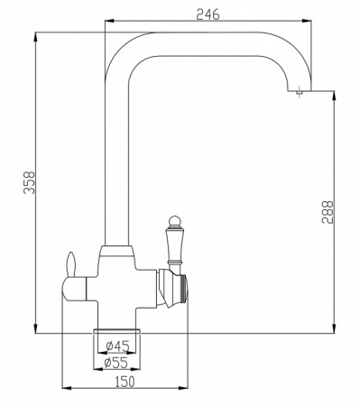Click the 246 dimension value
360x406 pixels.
tap(208, 14)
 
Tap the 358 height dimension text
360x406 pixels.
tap(30, 183)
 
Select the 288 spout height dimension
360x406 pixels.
tap(328, 212)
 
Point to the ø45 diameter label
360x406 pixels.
tap(117, 346)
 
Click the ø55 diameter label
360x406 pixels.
tap(115, 363)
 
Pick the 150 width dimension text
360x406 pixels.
tap(125, 382)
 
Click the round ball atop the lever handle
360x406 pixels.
tap(174, 221)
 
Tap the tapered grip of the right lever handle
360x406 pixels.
tap(174, 244)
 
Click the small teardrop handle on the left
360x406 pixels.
tap(71, 263)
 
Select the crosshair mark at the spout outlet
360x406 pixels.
tap(299, 91)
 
